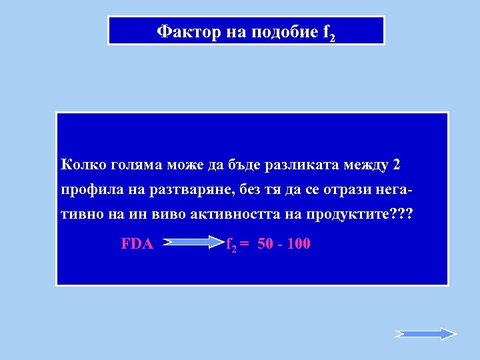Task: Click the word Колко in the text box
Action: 81,164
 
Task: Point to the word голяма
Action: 131,165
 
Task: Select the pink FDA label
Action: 137,244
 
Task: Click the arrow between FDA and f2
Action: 193,243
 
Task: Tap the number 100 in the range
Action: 299,244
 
